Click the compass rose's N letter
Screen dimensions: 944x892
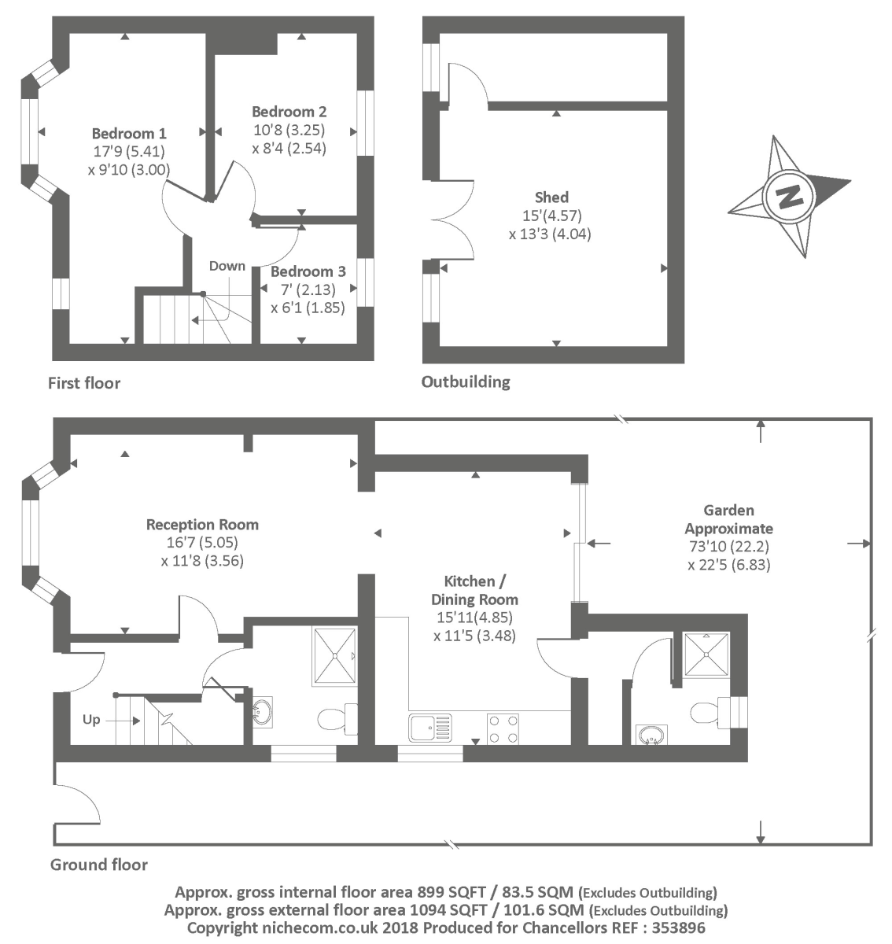coord(787,196)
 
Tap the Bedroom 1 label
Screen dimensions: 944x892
coord(129,133)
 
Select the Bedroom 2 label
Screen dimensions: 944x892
coord(289,112)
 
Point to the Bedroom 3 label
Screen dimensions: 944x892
coord(308,271)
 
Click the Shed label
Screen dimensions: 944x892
coord(551,197)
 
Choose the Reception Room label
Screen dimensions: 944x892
coord(202,525)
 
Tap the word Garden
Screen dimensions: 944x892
coord(728,511)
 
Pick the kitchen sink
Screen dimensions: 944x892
coord(430,728)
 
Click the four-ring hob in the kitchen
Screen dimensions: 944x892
coord(503,728)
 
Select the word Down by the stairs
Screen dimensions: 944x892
coord(227,266)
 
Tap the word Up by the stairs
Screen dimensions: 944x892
coord(91,719)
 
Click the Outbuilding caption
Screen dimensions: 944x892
coord(466,382)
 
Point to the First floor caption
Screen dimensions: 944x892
coord(84,383)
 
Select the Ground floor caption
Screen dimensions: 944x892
coord(99,865)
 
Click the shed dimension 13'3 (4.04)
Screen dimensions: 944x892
coord(550,234)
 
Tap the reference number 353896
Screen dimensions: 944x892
coord(677,928)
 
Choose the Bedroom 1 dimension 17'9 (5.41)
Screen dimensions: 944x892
coord(129,151)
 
